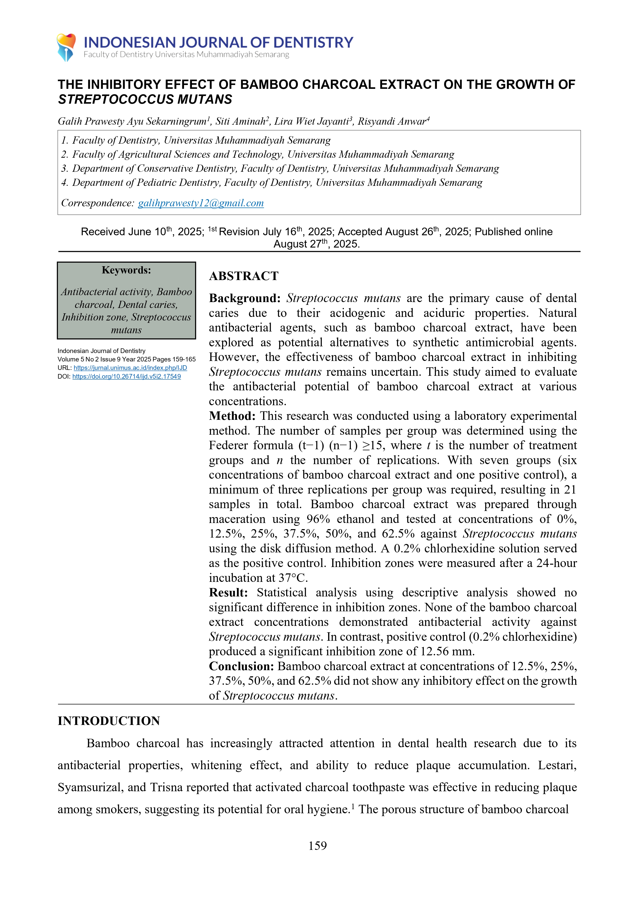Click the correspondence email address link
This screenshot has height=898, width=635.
coord(201,203)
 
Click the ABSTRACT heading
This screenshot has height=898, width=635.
coord(244,276)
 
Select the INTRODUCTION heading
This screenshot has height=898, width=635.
coord(109,721)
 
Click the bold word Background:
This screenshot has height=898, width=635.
coord(244,298)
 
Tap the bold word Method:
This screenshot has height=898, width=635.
coord(232,416)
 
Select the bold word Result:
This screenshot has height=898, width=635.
coord(228,593)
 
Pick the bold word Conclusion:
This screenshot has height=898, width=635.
coord(241,666)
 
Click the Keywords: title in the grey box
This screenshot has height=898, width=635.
coord(126,270)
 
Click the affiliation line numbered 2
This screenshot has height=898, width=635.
coord(257,155)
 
